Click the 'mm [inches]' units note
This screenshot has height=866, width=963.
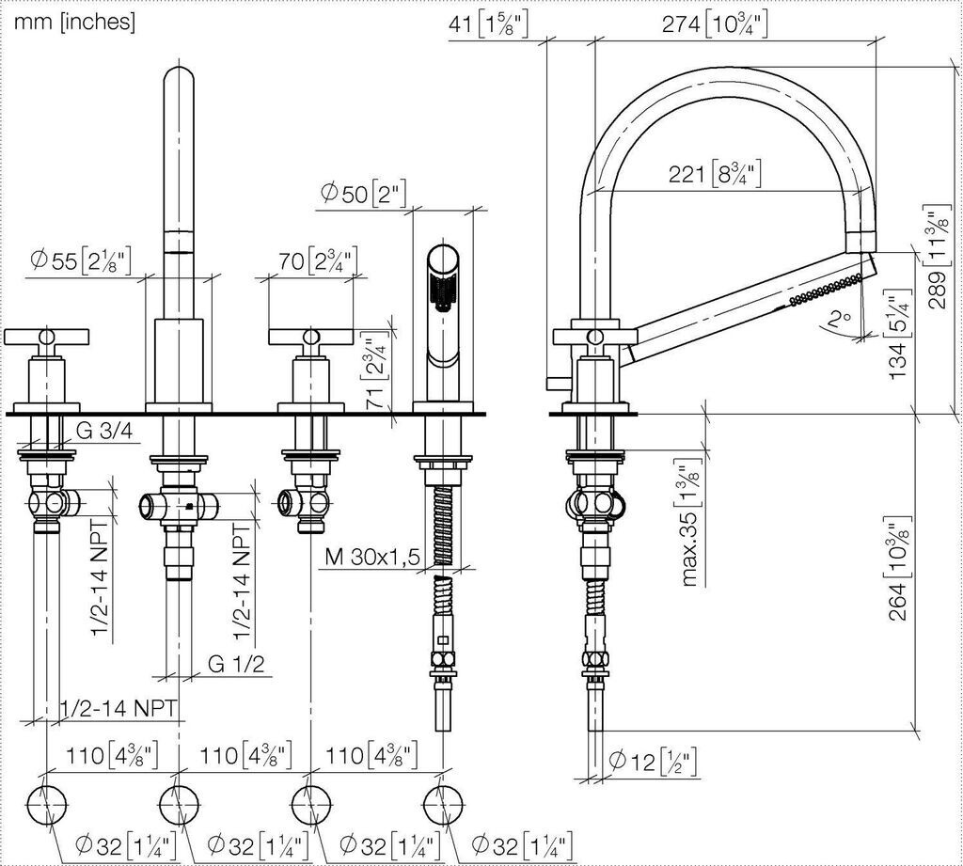pyautogui.click(x=74, y=23)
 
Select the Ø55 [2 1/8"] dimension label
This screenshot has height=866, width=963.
pyautogui.click(x=81, y=261)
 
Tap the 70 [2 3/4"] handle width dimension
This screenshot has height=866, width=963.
pyautogui.click(x=318, y=261)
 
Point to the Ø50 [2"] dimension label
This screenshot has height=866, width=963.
pyautogui.click(x=364, y=194)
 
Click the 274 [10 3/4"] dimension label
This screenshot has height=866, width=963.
pyautogui.click(x=715, y=24)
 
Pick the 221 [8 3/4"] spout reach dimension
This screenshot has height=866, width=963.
pyautogui.click(x=715, y=174)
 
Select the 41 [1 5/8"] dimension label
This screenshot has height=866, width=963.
pyautogui.click(x=488, y=24)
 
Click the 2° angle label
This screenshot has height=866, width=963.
pyautogui.click(x=838, y=318)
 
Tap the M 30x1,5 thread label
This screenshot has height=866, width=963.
pyautogui.click(x=372, y=557)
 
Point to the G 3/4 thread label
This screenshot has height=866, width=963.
pyautogui.click(x=104, y=432)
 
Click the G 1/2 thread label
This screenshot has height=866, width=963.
pyautogui.click(x=236, y=663)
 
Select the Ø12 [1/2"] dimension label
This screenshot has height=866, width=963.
pyautogui.click(x=653, y=762)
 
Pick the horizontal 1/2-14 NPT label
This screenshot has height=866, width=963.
pyautogui.click(x=119, y=708)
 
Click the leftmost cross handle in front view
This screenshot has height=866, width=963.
pyautogui.click(x=47, y=337)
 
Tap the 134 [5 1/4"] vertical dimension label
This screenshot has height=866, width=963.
pyautogui.click(x=898, y=334)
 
